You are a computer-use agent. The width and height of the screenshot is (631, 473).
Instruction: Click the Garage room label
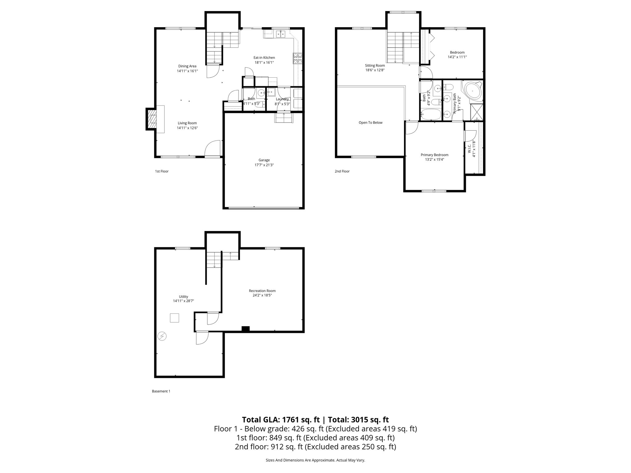point(264,160)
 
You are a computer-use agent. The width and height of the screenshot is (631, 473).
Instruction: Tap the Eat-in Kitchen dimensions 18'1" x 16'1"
point(264,63)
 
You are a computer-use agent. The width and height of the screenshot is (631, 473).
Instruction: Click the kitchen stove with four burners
point(298,58)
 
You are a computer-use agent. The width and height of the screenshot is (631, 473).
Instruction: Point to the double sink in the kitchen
point(281,34)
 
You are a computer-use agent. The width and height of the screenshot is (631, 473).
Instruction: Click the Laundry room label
point(282,99)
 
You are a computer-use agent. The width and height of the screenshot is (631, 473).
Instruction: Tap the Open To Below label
point(370,123)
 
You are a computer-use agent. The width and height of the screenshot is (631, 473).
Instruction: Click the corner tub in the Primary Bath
point(472,91)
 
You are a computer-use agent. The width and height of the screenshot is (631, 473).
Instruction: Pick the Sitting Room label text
point(375,65)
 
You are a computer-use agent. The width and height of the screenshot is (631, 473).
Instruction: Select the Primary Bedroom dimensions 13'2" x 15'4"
point(434,160)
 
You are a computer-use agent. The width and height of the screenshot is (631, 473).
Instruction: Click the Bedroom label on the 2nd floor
point(457,52)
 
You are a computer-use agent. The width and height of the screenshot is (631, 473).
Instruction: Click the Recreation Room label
point(262,291)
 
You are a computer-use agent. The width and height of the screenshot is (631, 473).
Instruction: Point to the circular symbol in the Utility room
point(162,336)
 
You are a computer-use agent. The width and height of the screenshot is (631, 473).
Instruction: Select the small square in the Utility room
point(174,318)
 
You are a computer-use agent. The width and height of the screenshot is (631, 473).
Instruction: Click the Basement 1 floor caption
point(161,391)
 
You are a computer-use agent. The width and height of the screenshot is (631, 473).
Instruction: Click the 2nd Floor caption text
point(342,171)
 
